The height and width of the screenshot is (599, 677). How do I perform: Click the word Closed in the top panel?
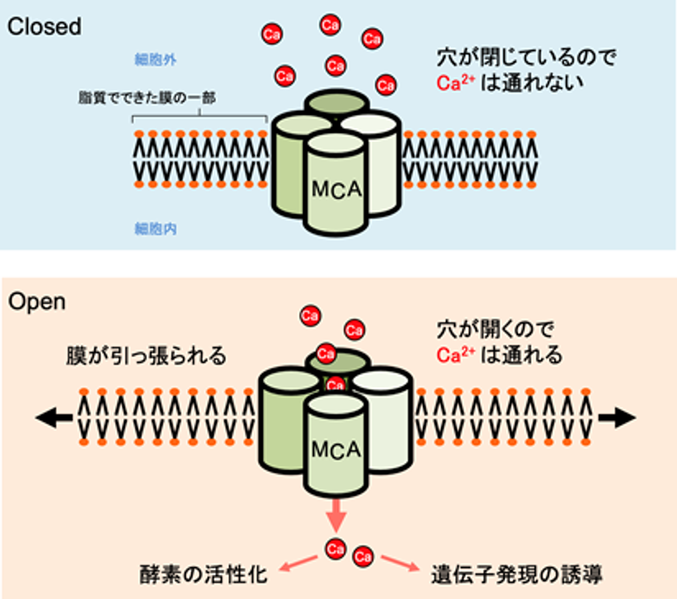[x=44, y=26]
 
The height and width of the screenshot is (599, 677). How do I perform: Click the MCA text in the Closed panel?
[x=336, y=190]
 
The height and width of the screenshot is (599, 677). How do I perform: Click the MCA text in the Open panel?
[x=336, y=448]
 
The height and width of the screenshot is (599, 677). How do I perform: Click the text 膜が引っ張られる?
[x=147, y=356]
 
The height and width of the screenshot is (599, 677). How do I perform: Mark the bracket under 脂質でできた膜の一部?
[x=199, y=117]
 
